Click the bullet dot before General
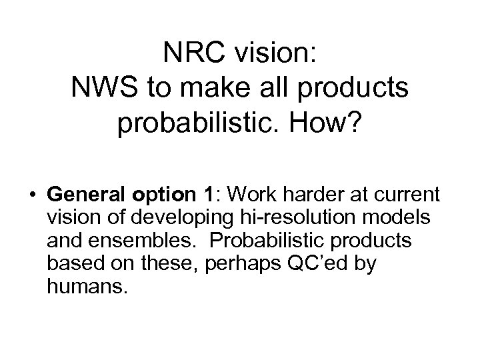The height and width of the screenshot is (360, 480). pyautogui.click(x=32, y=196)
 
